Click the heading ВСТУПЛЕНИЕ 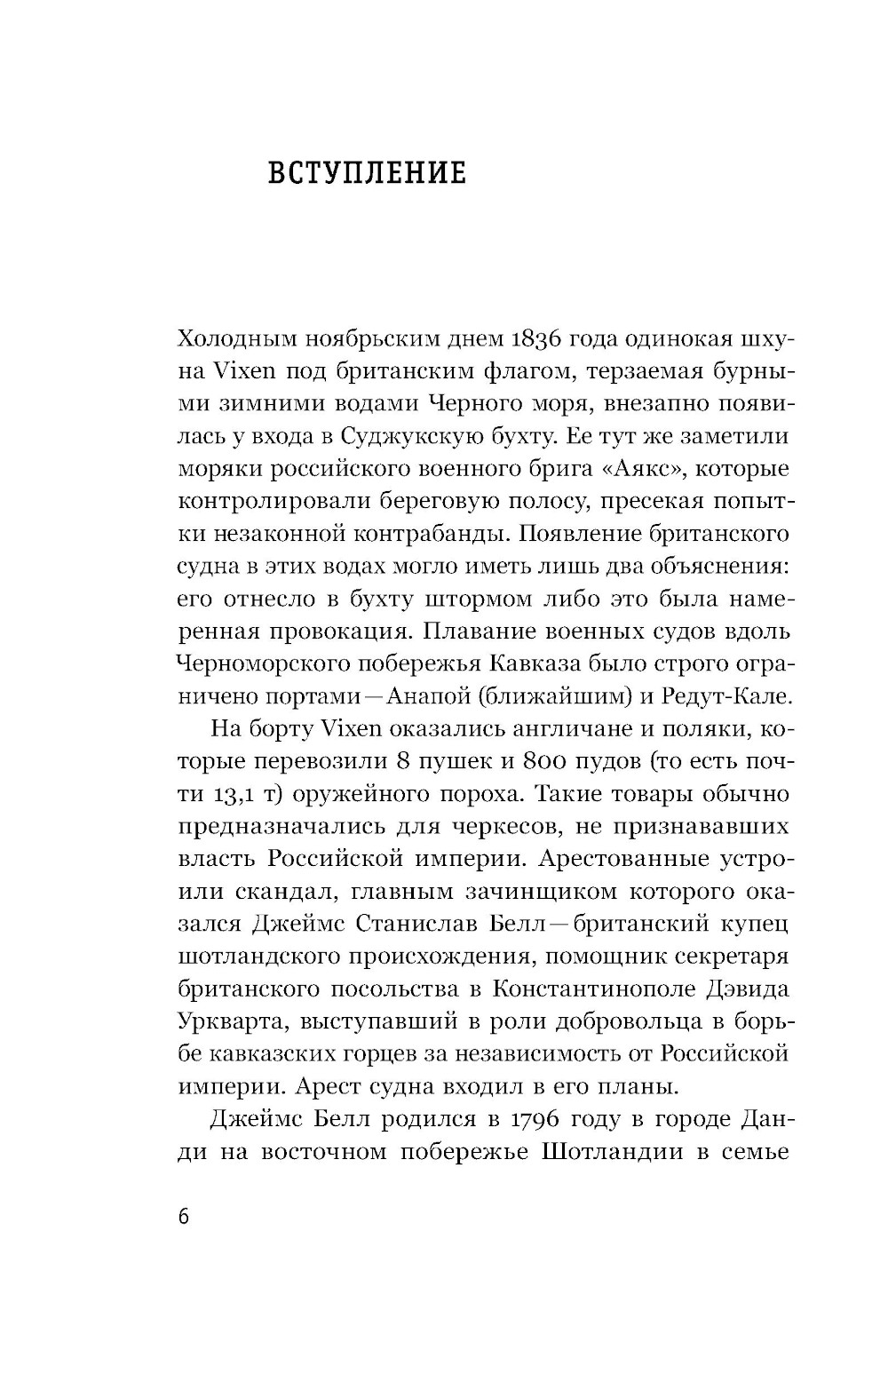click(367, 172)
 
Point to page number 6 click(184, 1217)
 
